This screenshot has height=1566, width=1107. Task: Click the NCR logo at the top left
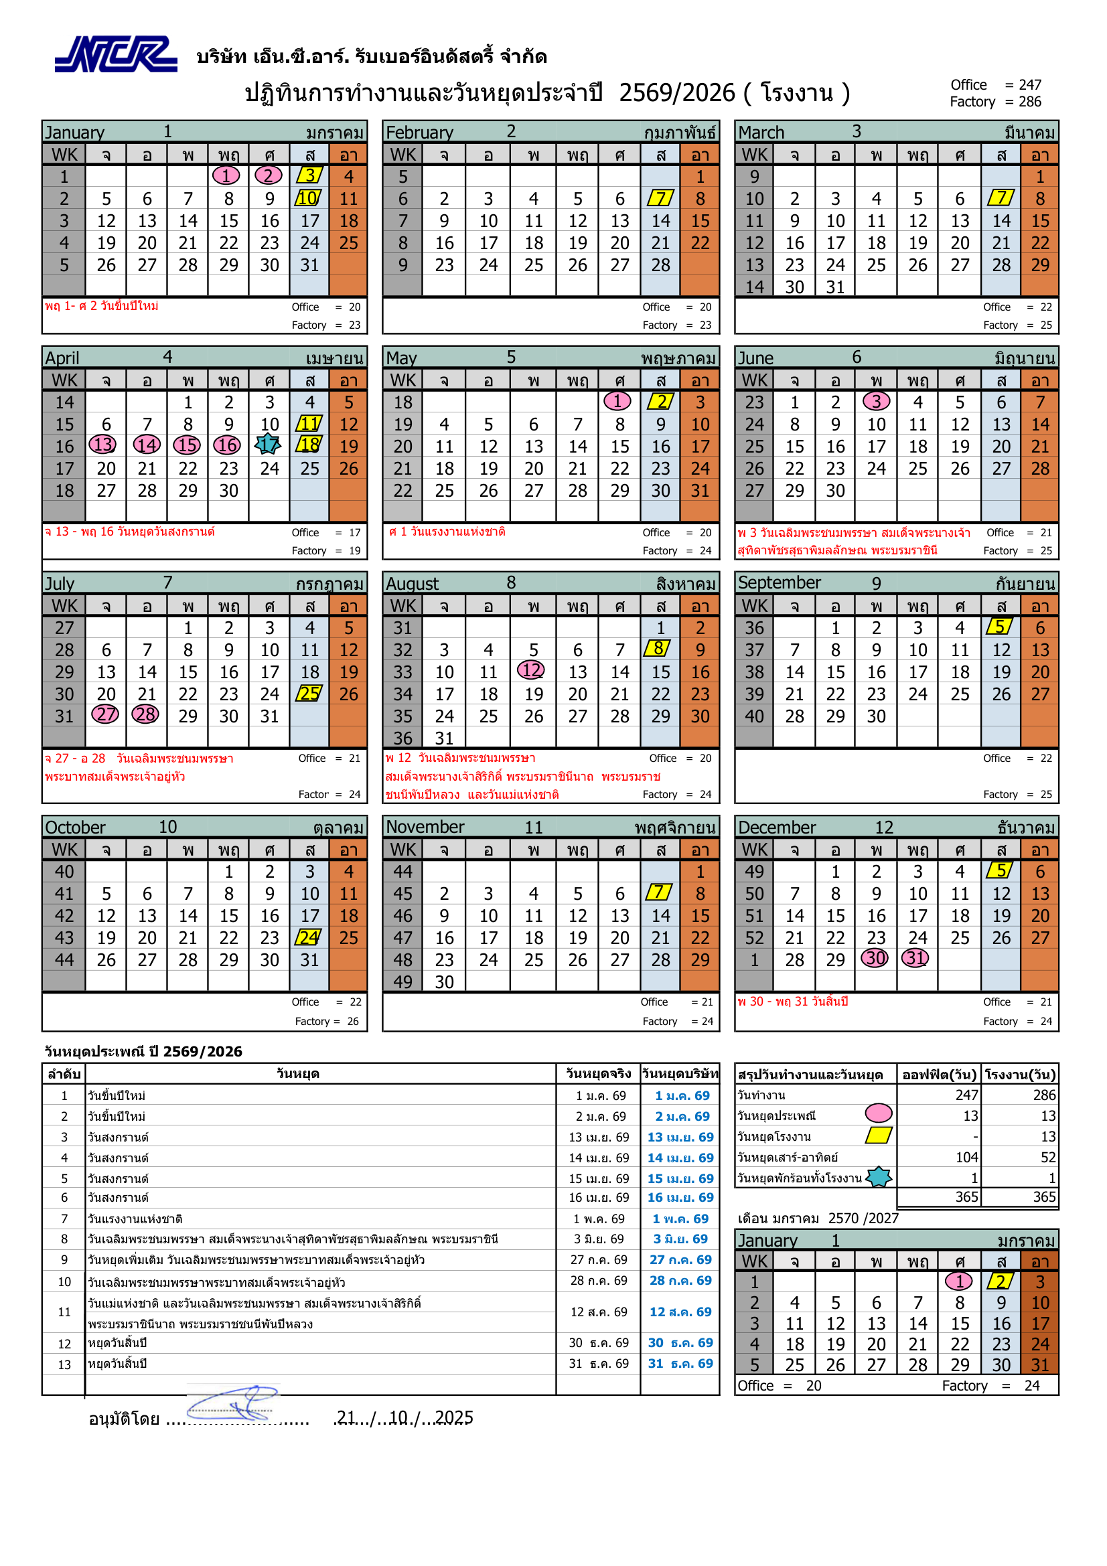tap(115, 54)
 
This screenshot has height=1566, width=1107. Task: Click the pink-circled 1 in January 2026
tap(226, 176)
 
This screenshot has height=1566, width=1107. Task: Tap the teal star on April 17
tap(268, 445)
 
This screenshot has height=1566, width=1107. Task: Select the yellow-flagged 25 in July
tap(309, 694)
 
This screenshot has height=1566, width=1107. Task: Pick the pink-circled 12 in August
tap(531, 670)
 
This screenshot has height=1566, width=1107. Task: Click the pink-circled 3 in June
tap(876, 401)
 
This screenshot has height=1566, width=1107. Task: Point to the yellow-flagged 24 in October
tap(309, 937)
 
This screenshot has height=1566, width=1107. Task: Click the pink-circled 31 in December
tap(916, 958)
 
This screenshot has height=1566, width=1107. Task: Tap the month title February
tap(419, 133)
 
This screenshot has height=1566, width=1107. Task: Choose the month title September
tap(779, 582)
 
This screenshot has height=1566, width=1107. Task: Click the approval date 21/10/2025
tap(404, 1417)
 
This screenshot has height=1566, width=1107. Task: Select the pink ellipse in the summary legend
tap(879, 1113)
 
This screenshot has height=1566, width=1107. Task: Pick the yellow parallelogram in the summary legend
tap(879, 1135)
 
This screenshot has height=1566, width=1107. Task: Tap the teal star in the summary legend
tap(879, 1176)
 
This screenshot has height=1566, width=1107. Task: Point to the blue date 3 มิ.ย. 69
tap(680, 1239)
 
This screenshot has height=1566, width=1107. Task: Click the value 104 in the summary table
tap(966, 1157)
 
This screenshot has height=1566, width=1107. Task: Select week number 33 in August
tap(402, 672)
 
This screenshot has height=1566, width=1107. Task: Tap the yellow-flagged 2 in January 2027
tap(1000, 1281)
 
